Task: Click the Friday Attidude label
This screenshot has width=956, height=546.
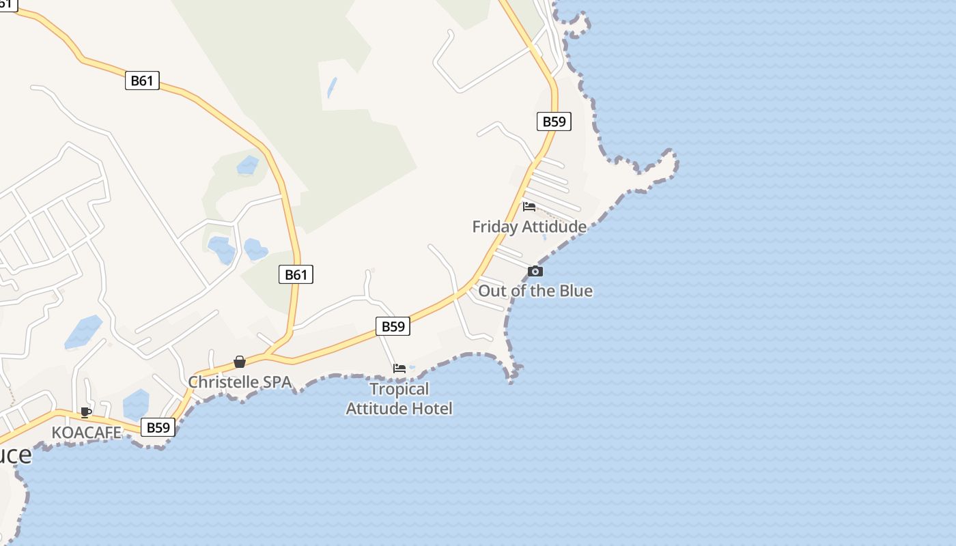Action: (529, 227)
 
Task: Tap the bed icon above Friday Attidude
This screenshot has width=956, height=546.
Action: (529, 207)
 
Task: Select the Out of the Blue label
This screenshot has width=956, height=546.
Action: (535, 291)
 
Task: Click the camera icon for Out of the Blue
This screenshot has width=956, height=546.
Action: (535, 272)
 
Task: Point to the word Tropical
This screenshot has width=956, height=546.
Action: (399, 389)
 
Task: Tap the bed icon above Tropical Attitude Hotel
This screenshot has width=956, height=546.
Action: (399, 369)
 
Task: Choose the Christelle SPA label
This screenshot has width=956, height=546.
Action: (240, 382)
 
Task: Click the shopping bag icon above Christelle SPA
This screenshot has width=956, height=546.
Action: (240, 362)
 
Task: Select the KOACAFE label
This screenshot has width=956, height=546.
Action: (87, 433)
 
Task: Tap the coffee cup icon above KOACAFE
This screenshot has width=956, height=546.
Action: (86, 412)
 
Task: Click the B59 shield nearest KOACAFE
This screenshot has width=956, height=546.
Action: (158, 428)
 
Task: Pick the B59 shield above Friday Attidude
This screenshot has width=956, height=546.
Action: (554, 121)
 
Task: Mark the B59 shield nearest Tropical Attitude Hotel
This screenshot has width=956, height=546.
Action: (393, 326)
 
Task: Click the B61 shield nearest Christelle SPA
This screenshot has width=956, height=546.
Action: (296, 274)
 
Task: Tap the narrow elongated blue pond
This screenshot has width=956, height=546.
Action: (332, 88)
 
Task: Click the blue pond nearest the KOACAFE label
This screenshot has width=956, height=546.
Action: (137, 404)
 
